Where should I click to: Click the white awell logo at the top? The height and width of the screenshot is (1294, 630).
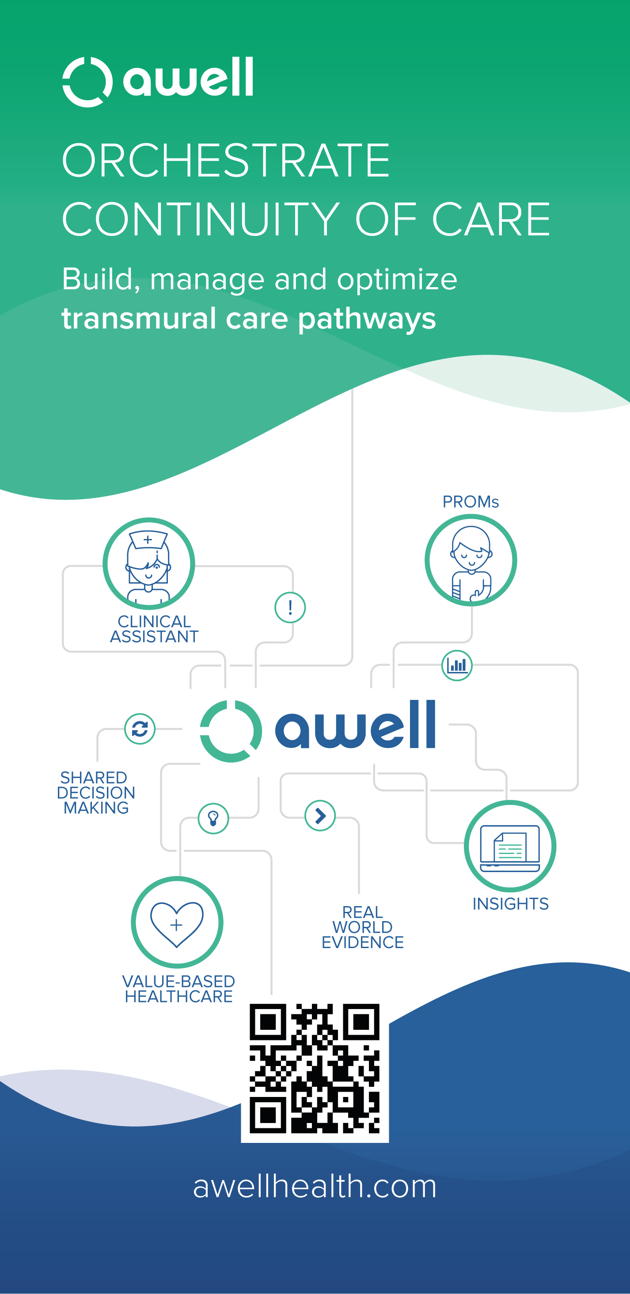[158, 81]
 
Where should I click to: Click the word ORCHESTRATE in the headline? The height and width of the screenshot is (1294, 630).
[226, 161]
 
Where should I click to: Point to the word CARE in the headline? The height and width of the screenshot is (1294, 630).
[491, 220]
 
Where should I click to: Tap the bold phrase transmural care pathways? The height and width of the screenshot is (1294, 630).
[249, 319]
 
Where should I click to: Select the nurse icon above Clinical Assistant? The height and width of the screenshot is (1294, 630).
[149, 564]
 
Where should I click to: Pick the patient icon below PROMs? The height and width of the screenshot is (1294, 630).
[471, 561]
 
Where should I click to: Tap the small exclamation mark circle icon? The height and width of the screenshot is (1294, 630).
[290, 608]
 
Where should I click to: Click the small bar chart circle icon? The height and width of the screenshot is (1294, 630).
[457, 666]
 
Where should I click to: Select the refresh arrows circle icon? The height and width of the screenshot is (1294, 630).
[140, 729]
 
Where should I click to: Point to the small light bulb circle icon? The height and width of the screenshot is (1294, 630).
[213, 818]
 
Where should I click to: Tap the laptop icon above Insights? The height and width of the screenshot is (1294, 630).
[510, 846]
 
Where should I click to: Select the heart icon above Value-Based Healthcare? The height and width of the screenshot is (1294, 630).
[177, 922]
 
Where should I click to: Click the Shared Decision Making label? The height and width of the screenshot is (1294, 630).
[95, 793]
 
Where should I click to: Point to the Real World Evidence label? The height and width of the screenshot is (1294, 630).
[362, 927]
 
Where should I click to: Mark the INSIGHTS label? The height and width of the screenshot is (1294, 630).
[510, 904]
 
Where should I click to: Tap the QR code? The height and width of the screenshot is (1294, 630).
[315, 1068]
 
